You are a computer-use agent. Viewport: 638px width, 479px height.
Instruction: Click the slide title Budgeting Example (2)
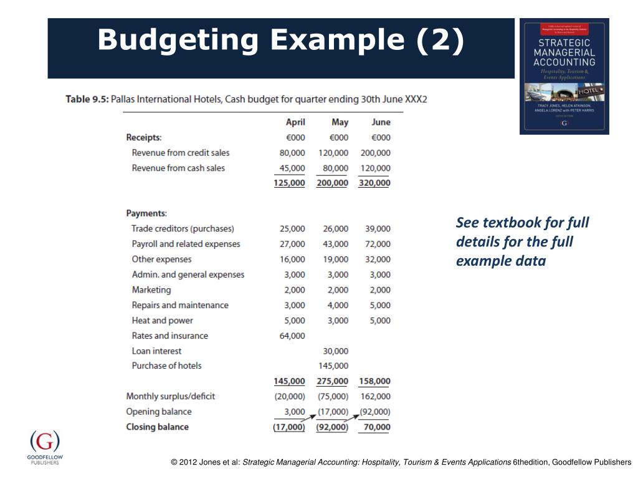point(281,41)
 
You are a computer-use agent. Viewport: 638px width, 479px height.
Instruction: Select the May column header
point(340,122)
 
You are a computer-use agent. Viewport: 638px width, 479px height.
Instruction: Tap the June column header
point(381,122)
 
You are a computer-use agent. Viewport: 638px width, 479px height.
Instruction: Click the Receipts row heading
point(144,137)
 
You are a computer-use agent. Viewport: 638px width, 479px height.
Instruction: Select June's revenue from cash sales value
point(375,168)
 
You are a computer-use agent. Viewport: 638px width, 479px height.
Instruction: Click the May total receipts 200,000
point(332,183)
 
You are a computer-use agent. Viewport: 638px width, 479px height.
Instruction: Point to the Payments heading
point(146,213)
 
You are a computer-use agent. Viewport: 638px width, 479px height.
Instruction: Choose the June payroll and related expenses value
point(378,244)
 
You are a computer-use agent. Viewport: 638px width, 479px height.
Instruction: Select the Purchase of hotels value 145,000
point(333,365)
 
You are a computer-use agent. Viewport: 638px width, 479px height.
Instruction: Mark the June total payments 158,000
point(375,381)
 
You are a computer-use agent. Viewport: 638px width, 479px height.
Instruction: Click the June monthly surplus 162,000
point(375,396)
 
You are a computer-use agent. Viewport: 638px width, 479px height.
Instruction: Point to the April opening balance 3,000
point(295,412)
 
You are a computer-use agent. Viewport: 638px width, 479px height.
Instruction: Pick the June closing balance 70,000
point(378,427)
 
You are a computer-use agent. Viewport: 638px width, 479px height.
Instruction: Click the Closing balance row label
point(157,427)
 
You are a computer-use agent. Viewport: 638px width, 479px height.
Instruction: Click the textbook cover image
point(564,76)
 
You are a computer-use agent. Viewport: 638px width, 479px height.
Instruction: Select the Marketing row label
point(151,290)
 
